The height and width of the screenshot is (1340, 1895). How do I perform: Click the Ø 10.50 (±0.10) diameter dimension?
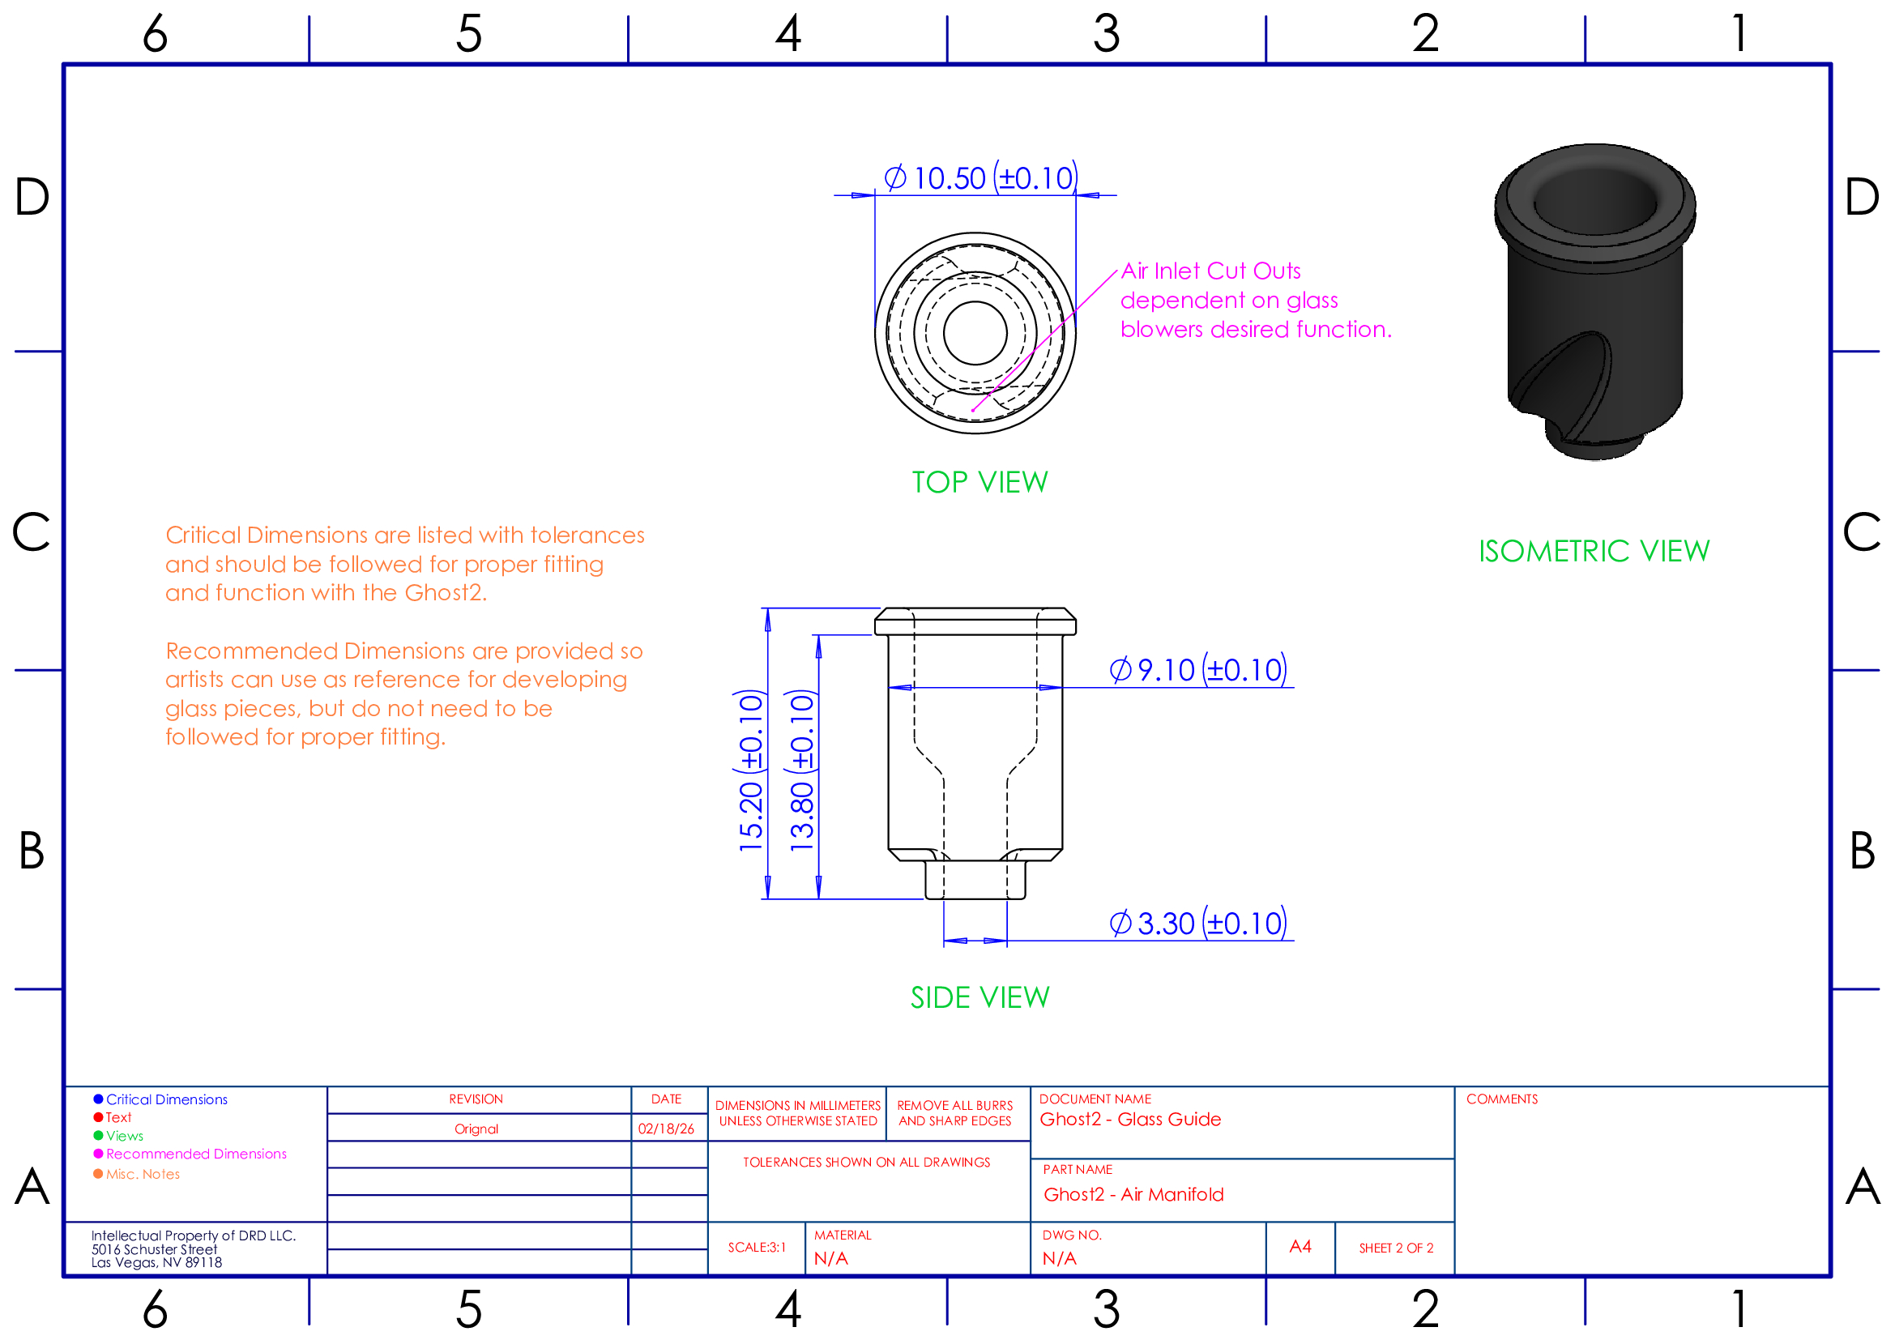click(980, 178)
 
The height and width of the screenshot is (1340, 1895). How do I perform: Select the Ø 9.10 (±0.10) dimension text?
click(1197, 670)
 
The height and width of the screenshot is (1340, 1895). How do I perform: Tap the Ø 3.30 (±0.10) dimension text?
click(1197, 924)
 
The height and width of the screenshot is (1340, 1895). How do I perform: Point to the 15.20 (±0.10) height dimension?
click(751, 770)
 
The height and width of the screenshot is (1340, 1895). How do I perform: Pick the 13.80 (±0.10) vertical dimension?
click(801, 770)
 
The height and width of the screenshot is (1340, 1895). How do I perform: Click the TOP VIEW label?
click(980, 483)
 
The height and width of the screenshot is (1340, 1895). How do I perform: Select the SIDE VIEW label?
click(980, 998)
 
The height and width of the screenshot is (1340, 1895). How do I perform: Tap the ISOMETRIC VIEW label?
click(1594, 551)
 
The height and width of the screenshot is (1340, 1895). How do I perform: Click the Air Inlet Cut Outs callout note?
click(1255, 301)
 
